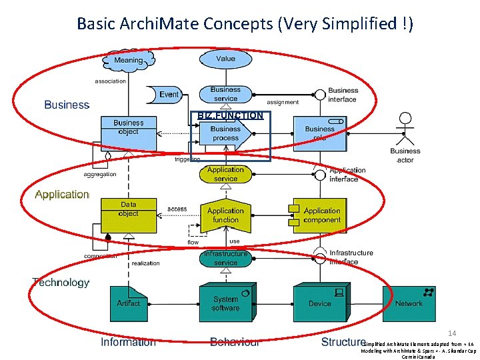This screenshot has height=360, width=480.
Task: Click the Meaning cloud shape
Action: [128, 61]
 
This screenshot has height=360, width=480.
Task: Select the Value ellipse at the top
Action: [225, 59]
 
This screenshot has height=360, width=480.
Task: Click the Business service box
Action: [225, 94]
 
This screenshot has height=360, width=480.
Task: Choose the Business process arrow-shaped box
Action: [225, 133]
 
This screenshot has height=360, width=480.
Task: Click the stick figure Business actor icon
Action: [404, 130]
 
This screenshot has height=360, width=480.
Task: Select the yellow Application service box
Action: [225, 175]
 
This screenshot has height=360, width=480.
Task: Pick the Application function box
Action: [225, 215]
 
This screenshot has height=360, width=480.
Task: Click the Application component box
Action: [321, 215]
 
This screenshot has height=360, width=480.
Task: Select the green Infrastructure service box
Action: [225, 259]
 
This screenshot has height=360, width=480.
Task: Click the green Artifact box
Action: [128, 303]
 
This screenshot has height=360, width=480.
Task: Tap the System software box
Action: [225, 303]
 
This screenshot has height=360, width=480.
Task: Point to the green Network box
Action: [409, 303]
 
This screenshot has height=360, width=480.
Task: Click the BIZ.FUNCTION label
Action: [230, 115]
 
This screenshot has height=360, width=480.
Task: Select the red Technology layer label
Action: [61, 283]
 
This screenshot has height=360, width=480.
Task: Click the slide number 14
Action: [451, 333]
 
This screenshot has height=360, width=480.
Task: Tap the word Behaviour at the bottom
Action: [235, 342]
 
